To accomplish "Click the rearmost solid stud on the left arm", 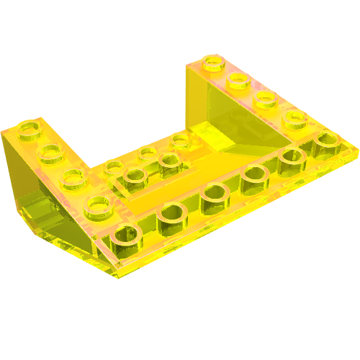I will [x=30, y=129].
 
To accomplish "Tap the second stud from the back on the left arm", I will [x=49, y=152].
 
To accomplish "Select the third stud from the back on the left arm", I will [x=71, y=176].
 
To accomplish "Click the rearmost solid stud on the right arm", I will [x=213, y=63].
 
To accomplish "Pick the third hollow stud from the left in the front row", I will [x=214, y=192].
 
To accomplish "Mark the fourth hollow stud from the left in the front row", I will [x=253, y=173].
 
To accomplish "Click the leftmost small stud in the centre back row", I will [x=113, y=168].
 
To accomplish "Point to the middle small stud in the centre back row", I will [x=148, y=153].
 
